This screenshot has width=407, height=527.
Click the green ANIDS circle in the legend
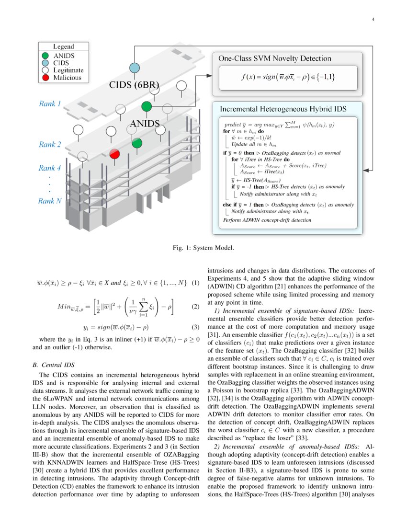(x=45, y=56)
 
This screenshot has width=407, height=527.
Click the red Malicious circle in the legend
(x=45, y=77)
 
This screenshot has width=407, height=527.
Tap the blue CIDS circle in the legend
(x=45, y=63)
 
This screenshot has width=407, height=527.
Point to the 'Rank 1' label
(x=50, y=103)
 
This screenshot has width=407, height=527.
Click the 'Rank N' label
(x=50, y=201)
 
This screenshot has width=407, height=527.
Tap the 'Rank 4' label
(x=50, y=168)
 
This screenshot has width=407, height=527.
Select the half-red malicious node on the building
(x=114, y=153)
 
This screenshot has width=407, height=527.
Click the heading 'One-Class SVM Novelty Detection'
(x=274, y=58)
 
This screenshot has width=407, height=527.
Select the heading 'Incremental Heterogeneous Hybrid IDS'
(x=283, y=108)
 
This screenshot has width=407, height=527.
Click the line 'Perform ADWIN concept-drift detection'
(x=267, y=220)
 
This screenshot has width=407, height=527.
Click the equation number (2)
(x=195, y=306)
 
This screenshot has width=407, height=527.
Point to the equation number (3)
(x=195, y=328)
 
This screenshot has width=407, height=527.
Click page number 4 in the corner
(x=373, y=20)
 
